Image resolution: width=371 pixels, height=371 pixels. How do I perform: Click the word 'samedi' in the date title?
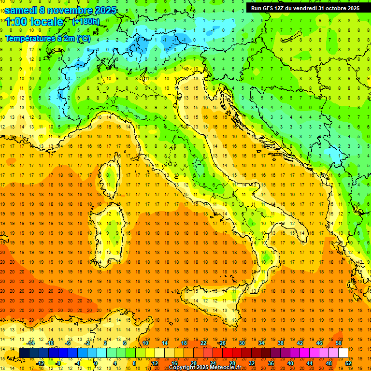20,10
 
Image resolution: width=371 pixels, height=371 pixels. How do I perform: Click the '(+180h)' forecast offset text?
86,22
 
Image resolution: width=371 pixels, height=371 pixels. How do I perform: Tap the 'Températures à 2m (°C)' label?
47,39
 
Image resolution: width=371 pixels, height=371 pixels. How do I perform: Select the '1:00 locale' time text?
34,22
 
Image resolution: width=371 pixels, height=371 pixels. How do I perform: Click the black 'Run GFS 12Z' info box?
305,8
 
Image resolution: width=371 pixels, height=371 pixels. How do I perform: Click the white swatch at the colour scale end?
343,353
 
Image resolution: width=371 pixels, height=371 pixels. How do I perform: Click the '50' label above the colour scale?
339,343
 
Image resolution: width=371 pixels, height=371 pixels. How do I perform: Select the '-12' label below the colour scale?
40,363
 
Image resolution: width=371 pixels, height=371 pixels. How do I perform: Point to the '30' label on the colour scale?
242,343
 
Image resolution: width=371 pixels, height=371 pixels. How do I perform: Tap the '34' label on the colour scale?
261,343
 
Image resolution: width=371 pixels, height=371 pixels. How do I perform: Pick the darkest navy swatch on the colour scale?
24,353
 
